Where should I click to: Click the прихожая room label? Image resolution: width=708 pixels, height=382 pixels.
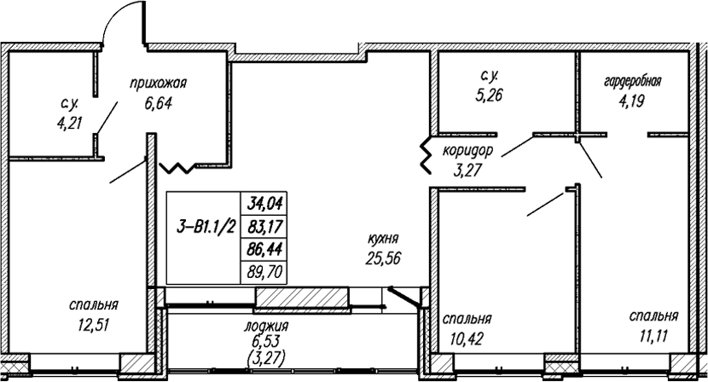coord(158,84)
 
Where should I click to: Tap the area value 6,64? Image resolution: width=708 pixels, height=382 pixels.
coord(159,103)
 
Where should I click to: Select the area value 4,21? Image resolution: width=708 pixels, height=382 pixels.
coord(70,123)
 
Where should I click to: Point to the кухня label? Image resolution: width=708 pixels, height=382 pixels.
coord(383,240)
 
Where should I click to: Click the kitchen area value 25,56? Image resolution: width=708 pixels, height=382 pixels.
coord(384,258)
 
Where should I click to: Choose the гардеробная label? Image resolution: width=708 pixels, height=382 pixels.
coord(632,82)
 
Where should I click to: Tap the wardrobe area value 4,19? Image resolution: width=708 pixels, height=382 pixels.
coord(632,101)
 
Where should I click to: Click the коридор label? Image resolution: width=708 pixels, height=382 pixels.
coord(467,152)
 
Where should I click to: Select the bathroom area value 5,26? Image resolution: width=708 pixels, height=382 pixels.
coord(490,95)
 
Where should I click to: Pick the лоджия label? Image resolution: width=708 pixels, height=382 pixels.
coord(266,326)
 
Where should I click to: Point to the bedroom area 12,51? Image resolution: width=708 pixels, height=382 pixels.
coord(94,324)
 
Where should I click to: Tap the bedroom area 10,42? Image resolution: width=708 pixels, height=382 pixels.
coord(467,339)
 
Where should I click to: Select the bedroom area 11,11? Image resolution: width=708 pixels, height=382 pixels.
coord(653,335)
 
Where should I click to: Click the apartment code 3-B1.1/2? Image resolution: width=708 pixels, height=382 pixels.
coord(206,227)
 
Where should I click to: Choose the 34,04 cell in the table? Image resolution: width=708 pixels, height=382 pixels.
coord(264,204)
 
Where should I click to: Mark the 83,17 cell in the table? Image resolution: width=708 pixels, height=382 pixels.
coord(264,226)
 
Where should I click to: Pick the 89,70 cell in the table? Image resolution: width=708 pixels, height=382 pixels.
coord(264,272)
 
